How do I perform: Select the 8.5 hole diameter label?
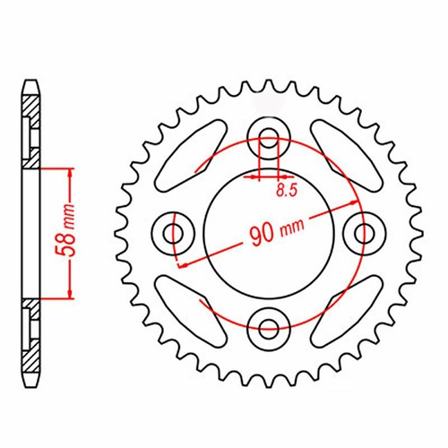pos(286,190)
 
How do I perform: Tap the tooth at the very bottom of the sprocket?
pos(268,377)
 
